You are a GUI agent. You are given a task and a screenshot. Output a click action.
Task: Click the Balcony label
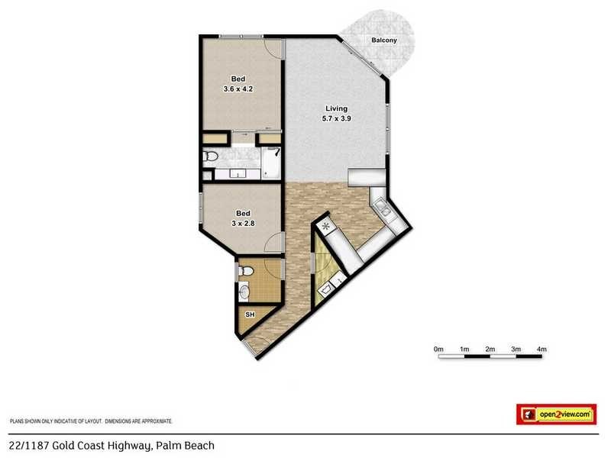click(x=383, y=40)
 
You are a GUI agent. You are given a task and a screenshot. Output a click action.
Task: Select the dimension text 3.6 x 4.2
click(x=238, y=89)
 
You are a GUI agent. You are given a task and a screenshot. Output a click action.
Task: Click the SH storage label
click(x=250, y=314)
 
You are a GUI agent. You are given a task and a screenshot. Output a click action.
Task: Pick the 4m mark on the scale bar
click(x=542, y=349)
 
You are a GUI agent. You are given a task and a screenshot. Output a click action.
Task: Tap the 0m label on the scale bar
click(x=438, y=349)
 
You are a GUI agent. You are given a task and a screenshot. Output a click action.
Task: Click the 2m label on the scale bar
click(x=490, y=349)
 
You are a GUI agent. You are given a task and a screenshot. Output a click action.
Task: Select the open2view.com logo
click(x=555, y=414)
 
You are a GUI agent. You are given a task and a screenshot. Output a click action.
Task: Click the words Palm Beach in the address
click(x=186, y=446)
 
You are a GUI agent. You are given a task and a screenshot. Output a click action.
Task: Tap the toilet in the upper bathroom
click(x=212, y=156)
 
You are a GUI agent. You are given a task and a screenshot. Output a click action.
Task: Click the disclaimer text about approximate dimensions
click(x=91, y=421)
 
